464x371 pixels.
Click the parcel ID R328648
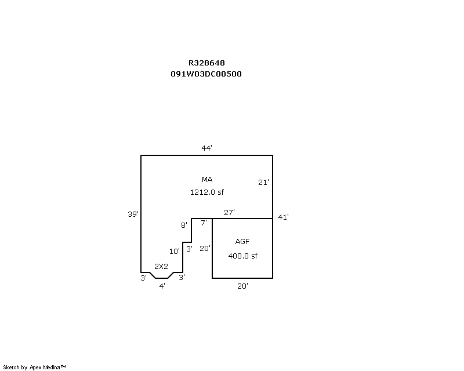point(206,63)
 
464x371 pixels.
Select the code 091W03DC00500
point(206,74)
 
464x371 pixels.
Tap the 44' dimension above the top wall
point(207,148)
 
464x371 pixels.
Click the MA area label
point(207,179)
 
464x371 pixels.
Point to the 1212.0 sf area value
point(207,192)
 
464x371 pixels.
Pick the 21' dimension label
point(263,182)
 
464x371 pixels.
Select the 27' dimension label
point(229,212)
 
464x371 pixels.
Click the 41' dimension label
point(283,217)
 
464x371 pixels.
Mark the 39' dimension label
point(133,214)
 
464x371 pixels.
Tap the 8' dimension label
point(184,225)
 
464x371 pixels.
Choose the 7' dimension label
point(204,223)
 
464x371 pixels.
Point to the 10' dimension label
point(175,251)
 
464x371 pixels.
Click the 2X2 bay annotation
point(161,267)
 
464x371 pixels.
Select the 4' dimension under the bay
point(162,286)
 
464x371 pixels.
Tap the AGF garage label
point(242,241)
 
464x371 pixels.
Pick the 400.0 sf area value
point(242,256)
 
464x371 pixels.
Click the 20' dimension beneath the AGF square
point(242,286)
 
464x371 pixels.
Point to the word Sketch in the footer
point(11,368)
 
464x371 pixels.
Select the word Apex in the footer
point(35,368)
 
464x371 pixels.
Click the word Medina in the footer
point(52,368)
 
